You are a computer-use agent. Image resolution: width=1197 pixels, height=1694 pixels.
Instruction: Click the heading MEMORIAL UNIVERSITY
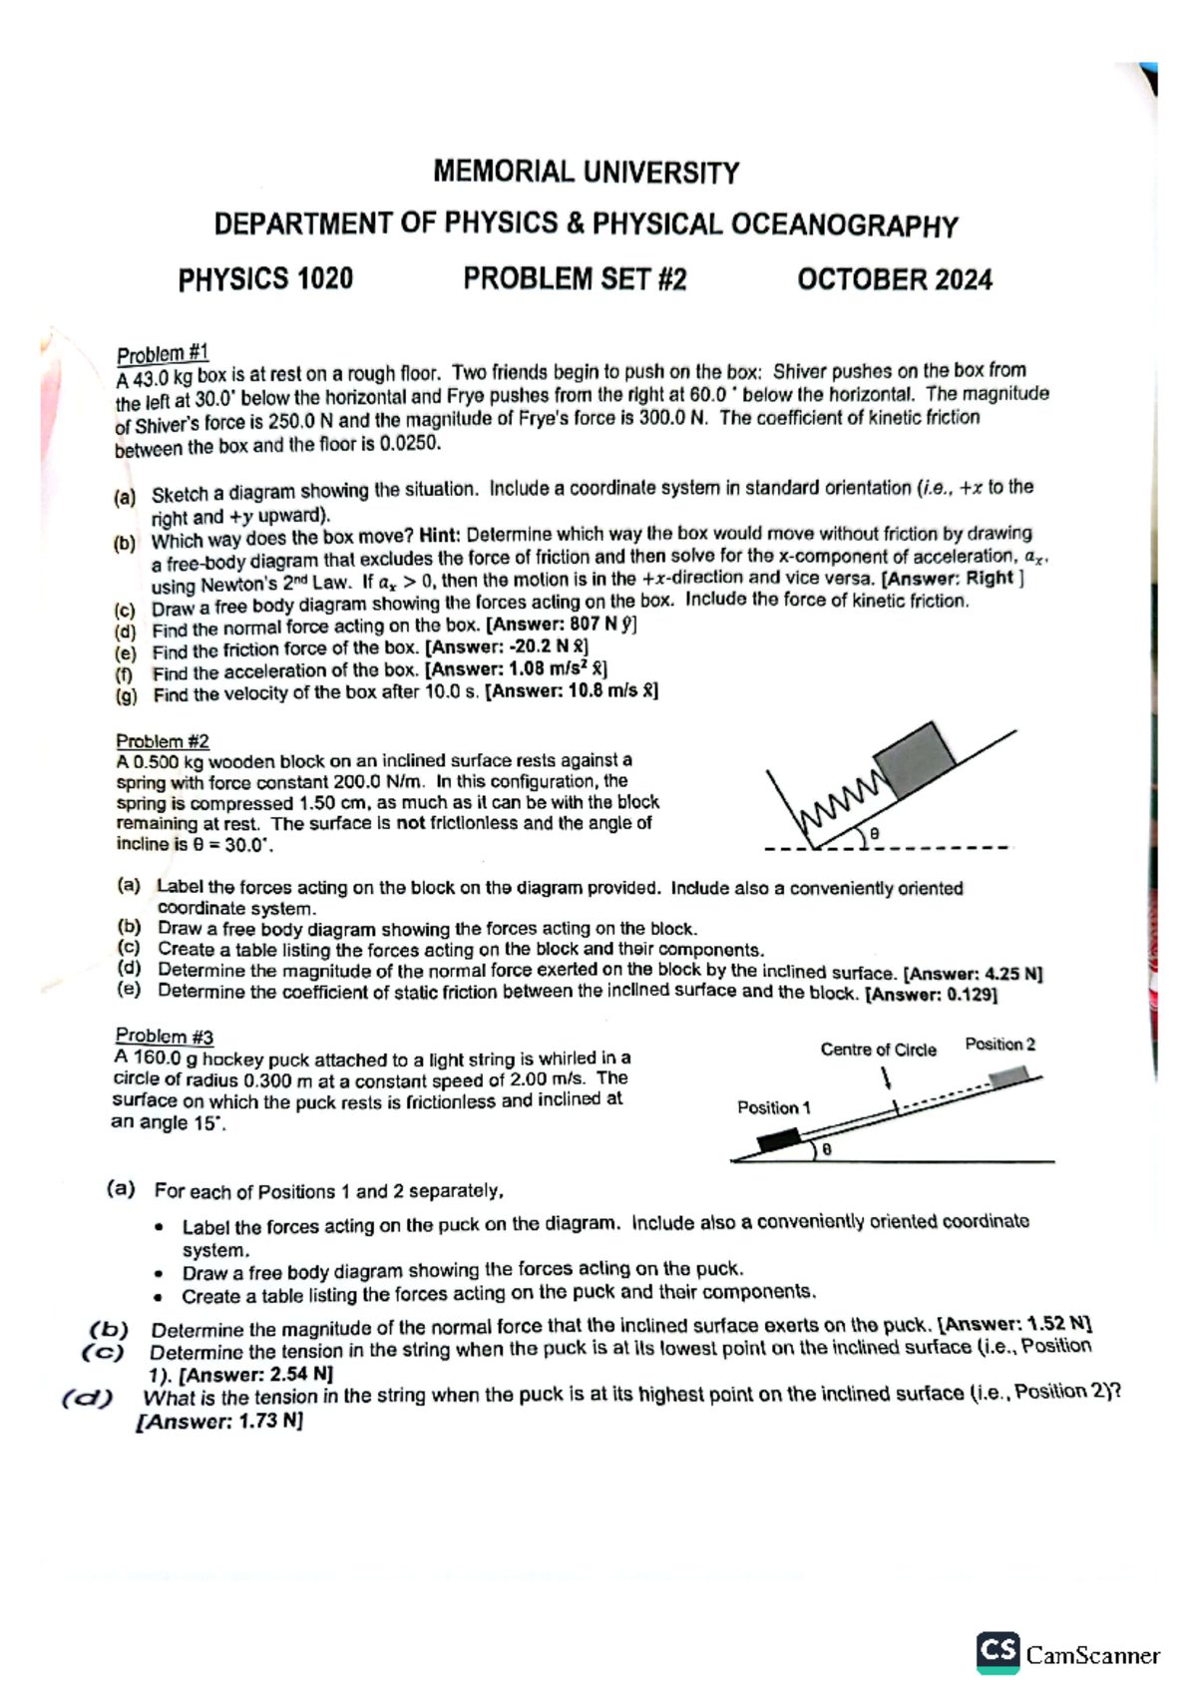(586, 173)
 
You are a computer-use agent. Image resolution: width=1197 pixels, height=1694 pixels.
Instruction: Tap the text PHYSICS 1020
(265, 278)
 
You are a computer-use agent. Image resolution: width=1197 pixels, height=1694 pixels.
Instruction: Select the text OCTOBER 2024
(894, 279)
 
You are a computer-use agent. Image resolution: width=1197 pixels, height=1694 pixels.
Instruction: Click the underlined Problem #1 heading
(163, 354)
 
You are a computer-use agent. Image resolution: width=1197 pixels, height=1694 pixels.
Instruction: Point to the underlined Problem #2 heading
(163, 741)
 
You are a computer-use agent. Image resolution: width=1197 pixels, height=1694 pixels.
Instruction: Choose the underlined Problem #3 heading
(164, 1037)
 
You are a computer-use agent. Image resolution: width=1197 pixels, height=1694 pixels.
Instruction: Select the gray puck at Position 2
(1008, 1076)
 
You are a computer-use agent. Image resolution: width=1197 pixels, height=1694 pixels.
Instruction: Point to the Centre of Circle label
(878, 1050)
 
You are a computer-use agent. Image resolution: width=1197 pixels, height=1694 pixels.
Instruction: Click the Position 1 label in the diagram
(773, 1107)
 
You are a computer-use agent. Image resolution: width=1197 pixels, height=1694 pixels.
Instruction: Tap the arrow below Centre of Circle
(886, 1078)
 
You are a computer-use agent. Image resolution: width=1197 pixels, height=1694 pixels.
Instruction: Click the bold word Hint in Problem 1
(439, 534)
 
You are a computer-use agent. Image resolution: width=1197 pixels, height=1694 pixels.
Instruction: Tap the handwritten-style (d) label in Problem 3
(88, 1399)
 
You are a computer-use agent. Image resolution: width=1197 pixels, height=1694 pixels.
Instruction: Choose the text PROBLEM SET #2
(575, 278)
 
